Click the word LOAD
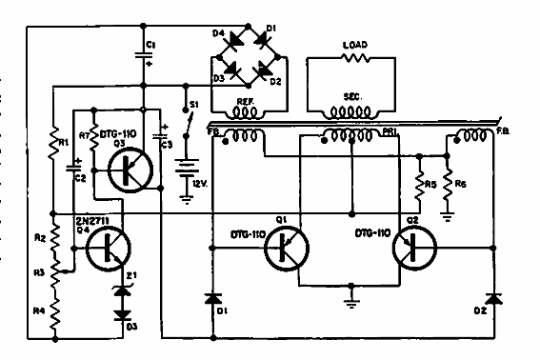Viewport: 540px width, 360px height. pos(354,44)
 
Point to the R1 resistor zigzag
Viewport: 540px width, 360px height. pos(53,144)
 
